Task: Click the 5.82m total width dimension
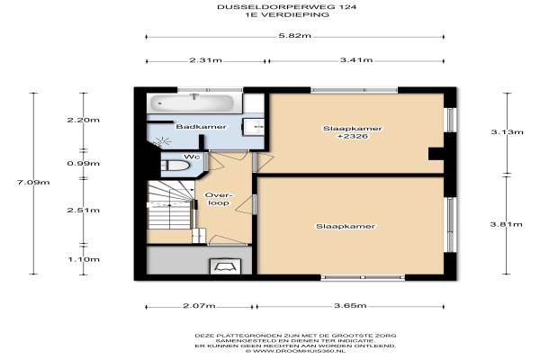[x=294, y=35]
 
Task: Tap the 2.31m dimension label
[x=205, y=60]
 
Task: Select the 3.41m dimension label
[x=356, y=60]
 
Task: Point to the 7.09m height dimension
[x=33, y=182]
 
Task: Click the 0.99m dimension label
[x=84, y=163]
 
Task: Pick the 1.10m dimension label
[x=84, y=259]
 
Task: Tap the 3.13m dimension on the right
[x=507, y=132]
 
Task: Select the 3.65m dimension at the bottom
[x=350, y=306]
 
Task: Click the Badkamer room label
[x=201, y=126]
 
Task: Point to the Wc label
[x=192, y=157]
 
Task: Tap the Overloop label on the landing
[x=219, y=199]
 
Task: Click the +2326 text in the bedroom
[x=352, y=136]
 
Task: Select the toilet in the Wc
[x=175, y=166]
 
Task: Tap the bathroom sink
[x=254, y=127]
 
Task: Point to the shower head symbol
[x=163, y=140]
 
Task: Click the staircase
[x=169, y=205]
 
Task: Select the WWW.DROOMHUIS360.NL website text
[x=295, y=351]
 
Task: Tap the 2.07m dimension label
[x=199, y=306]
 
